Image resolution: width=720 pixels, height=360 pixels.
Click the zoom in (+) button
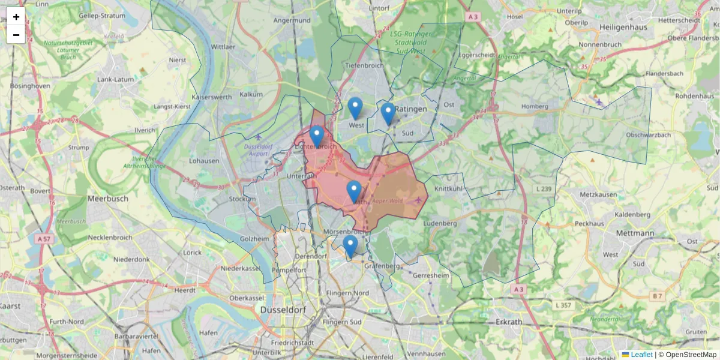pyautogui.click(x=16, y=17)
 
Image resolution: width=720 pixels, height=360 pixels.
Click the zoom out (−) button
pyautogui.click(x=16, y=35)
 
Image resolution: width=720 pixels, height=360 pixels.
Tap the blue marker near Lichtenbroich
pyautogui.click(x=317, y=136)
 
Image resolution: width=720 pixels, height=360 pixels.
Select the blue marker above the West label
pyautogui.click(x=355, y=108)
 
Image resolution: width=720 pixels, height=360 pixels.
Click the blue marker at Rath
pyautogui.click(x=354, y=191)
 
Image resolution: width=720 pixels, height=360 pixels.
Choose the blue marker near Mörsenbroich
pyautogui.click(x=350, y=246)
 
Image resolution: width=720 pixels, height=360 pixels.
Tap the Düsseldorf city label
pyautogui.click(x=284, y=310)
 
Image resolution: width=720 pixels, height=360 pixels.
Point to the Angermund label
pyautogui.click(x=292, y=20)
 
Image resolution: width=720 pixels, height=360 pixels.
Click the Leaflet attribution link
pyautogui.click(x=641, y=355)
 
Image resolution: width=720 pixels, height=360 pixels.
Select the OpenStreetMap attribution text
pyautogui.click(x=691, y=355)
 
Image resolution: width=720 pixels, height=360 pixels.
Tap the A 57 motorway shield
pyautogui.click(x=43, y=238)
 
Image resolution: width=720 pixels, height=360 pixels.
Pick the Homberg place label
pyautogui.click(x=535, y=107)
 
